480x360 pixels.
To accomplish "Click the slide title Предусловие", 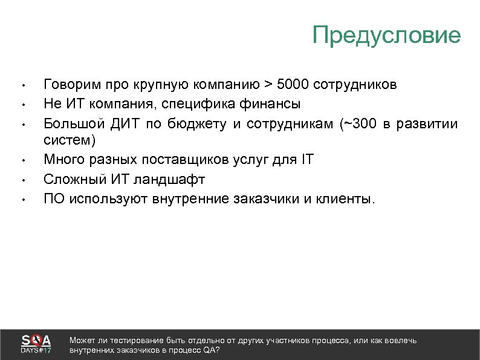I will pyautogui.click(x=386, y=35).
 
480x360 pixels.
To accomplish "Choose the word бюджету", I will pyautogui.click(x=193, y=125).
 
